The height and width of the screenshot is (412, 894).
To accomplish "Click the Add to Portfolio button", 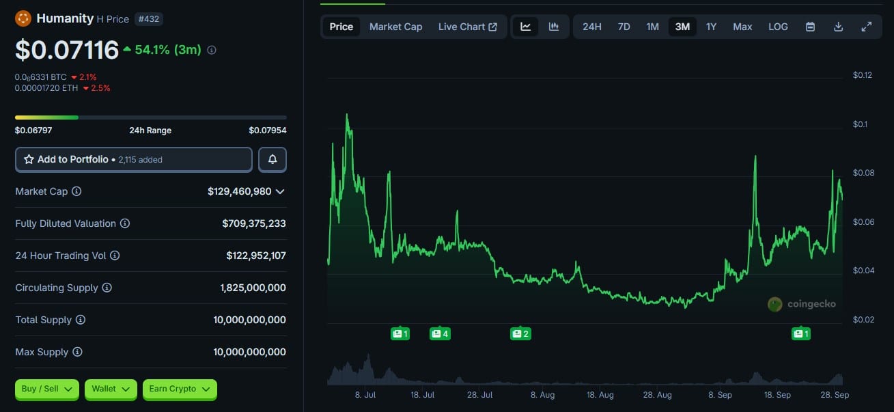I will click(134, 159).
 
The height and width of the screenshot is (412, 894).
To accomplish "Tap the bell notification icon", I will click(273, 159).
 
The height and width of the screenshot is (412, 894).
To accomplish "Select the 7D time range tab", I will click(624, 27).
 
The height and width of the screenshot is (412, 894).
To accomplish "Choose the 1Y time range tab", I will click(711, 27).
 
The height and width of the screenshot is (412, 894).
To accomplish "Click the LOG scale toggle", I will click(778, 27).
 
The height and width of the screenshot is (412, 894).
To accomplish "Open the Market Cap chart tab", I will click(395, 27).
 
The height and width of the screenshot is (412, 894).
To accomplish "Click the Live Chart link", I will click(468, 27).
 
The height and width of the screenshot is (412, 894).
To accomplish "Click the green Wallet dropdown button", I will click(111, 389).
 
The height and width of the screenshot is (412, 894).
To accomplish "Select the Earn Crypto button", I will click(180, 389).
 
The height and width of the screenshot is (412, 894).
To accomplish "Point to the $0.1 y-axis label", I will click(861, 124).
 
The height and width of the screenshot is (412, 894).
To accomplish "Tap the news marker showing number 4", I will click(440, 333).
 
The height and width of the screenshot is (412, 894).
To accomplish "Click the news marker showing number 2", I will click(520, 333).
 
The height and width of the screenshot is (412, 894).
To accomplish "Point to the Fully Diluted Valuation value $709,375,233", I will click(254, 223).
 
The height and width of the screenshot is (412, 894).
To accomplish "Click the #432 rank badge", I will click(148, 19).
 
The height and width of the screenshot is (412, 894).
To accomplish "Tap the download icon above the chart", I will click(839, 27).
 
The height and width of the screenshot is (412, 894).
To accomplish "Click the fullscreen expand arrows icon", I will click(866, 27).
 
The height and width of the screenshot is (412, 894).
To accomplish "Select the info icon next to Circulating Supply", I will click(107, 288).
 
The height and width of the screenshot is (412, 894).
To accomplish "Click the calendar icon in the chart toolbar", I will click(810, 27).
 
